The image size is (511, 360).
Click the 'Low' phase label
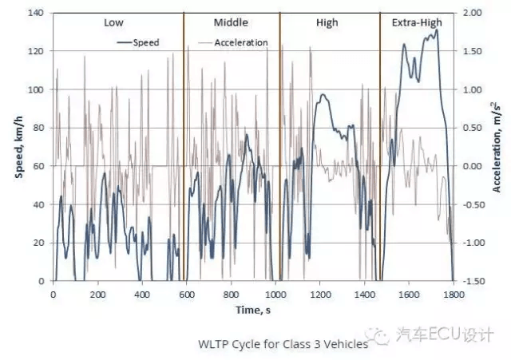[x=113, y=22]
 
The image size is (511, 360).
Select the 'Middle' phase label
[x=231, y=22]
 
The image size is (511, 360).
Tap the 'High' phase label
[x=327, y=23]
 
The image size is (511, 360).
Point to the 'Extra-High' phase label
[x=417, y=23]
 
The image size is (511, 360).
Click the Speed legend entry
[x=138, y=42]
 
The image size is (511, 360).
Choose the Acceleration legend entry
[x=233, y=42]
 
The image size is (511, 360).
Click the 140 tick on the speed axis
[x=35, y=13]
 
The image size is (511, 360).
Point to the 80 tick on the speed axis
[x=38, y=128]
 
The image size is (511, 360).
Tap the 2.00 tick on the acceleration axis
[x=472, y=13]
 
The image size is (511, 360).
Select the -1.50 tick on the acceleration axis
[x=472, y=281]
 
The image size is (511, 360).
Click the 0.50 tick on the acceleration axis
[x=472, y=128]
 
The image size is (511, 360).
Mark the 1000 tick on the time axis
[x=275, y=295]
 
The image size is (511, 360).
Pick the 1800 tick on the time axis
[x=454, y=295]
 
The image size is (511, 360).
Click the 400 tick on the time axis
[x=142, y=295]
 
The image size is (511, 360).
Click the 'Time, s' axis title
[x=253, y=310]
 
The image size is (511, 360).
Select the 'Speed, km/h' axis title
[x=19, y=147]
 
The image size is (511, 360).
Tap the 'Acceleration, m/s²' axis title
[x=496, y=147]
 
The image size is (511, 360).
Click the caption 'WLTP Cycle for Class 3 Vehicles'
[x=283, y=344]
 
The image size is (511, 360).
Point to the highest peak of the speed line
[x=437, y=30]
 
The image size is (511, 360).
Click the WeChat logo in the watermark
[x=378, y=335]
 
